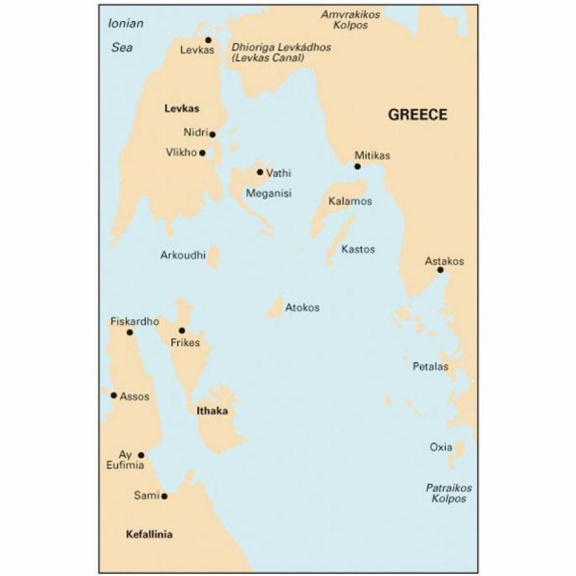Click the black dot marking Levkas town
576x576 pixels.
[208, 40]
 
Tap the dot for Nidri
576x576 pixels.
[212, 134]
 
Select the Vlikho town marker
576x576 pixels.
[202, 153]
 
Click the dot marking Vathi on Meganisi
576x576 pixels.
[260, 172]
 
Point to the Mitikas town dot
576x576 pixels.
[358, 166]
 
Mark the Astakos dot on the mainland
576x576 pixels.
[440, 270]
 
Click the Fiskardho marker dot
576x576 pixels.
[130, 332]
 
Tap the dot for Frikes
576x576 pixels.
[182, 331]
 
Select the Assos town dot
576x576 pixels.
[114, 395]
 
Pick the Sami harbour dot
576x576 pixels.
[164, 496]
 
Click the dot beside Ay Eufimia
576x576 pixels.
[141, 455]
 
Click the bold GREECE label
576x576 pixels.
[418, 115]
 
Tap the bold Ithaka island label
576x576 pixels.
[212, 412]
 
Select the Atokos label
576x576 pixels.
[302, 308]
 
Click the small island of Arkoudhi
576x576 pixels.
[214, 257]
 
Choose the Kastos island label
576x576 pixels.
[358, 250]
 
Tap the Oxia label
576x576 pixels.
[441, 447]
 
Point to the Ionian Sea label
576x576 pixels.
[125, 35]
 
